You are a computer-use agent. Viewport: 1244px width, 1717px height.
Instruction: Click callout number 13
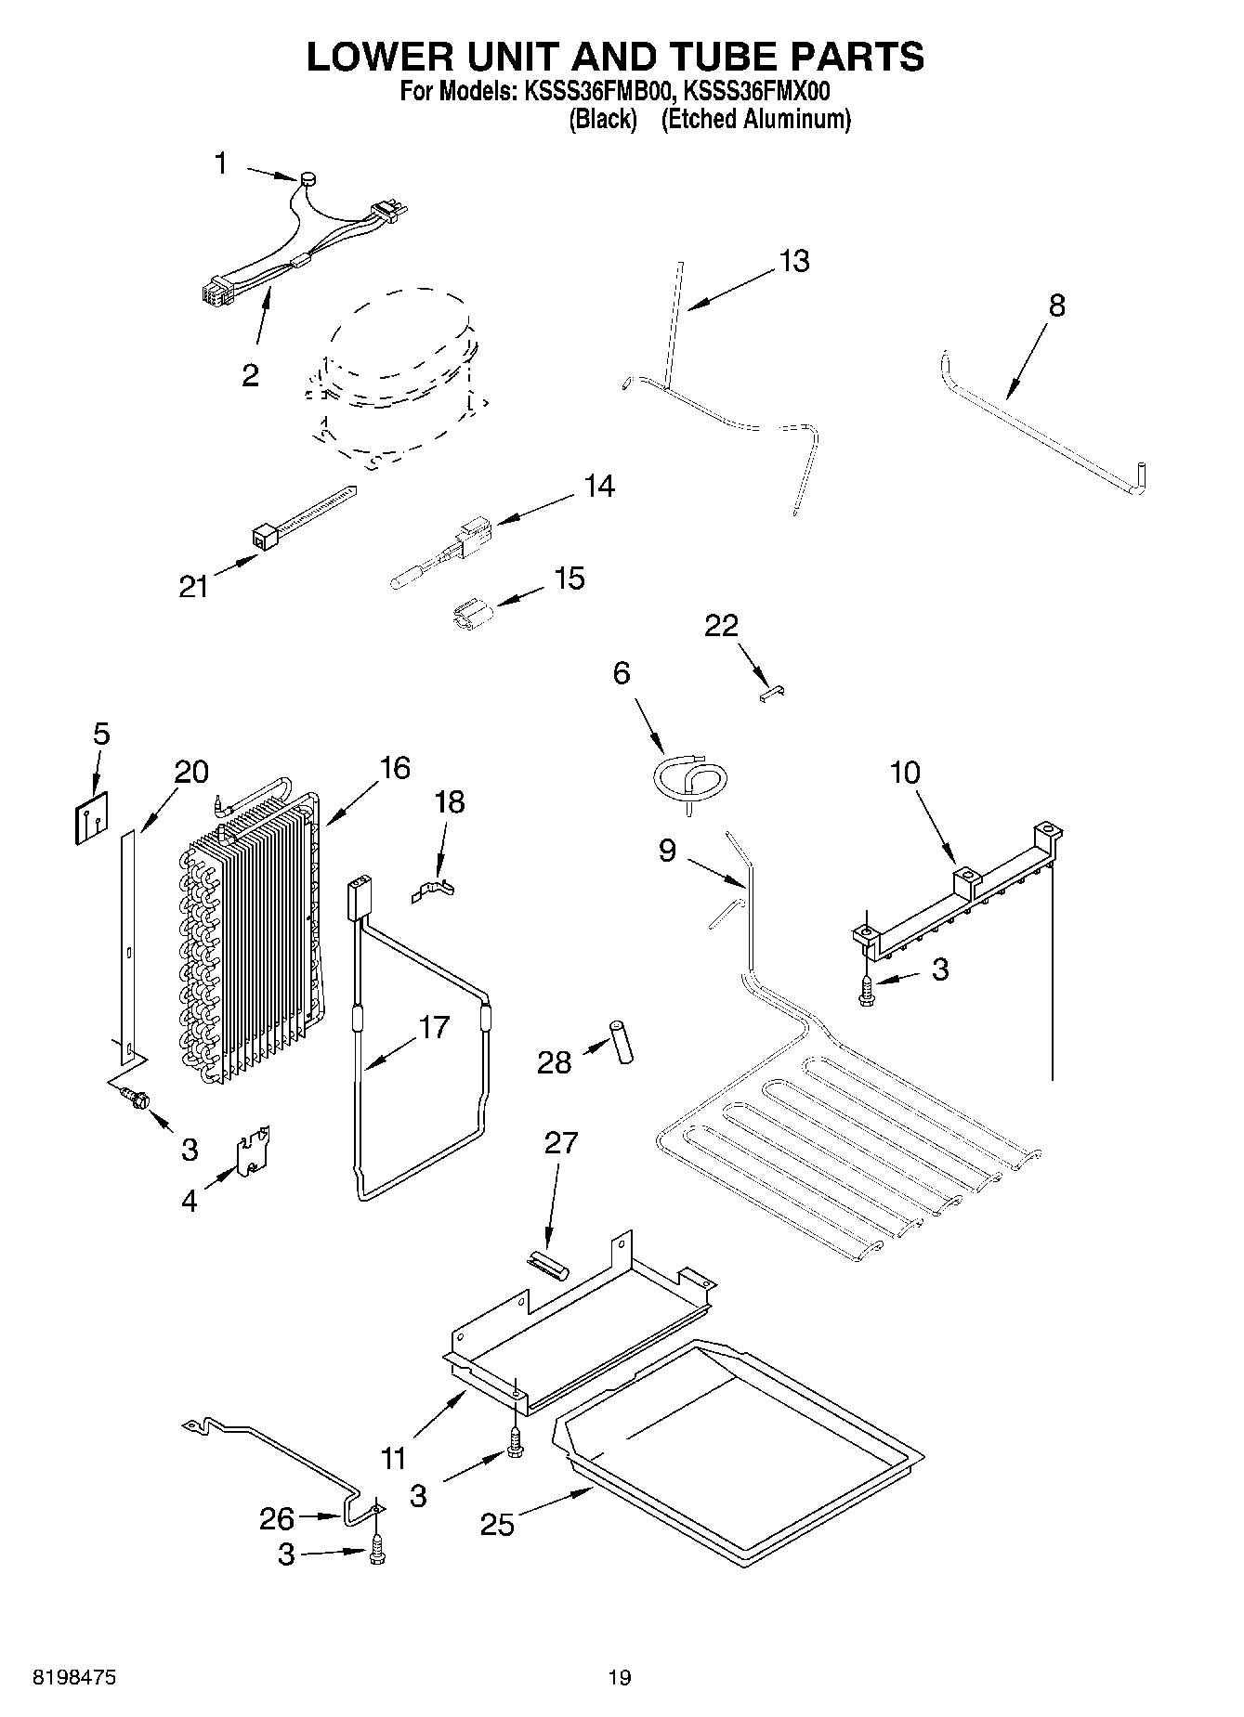(x=794, y=262)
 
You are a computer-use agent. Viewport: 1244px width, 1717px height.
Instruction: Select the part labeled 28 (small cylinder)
(x=621, y=1040)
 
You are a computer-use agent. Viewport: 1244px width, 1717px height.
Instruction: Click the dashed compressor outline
(x=395, y=376)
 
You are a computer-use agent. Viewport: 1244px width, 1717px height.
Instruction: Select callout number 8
(x=1056, y=306)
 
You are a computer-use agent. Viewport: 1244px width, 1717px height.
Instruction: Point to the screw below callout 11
(x=514, y=1444)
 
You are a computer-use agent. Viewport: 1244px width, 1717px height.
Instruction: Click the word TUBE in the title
(x=698, y=57)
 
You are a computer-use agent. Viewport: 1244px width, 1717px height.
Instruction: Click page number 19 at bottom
(x=620, y=1676)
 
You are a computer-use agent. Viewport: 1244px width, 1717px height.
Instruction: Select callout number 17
(x=433, y=1028)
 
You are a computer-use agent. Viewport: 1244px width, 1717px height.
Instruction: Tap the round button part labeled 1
(x=308, y=179)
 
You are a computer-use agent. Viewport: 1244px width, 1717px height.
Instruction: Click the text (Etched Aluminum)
(x=755, y=119)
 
